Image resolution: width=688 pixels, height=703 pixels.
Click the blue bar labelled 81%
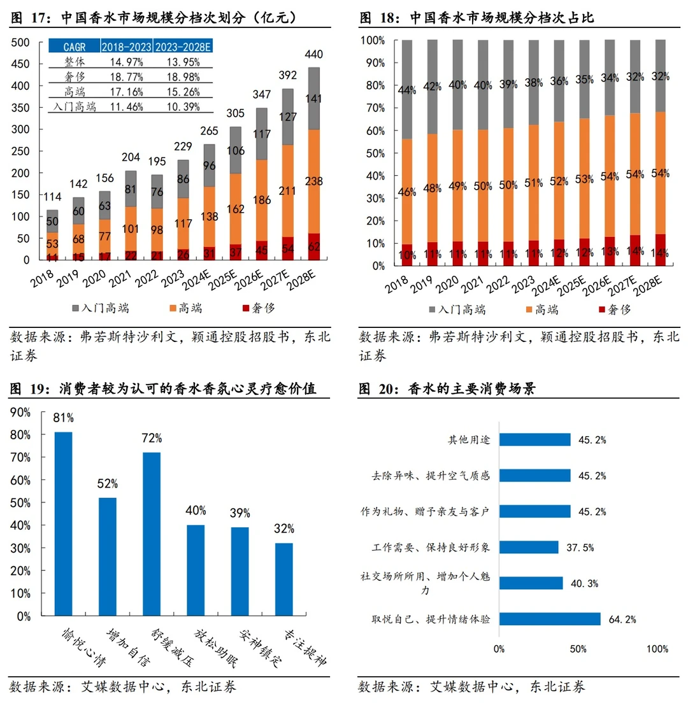(x=63, y=523)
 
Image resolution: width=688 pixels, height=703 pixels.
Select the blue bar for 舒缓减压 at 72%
(x=152, y=534)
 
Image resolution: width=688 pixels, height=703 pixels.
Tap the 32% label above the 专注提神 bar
(x=284, y=529)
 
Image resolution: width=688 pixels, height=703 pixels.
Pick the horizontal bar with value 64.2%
(x=549, y=619)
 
